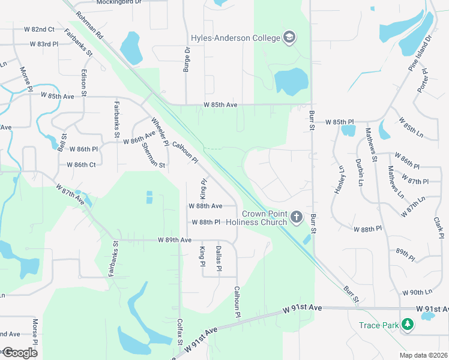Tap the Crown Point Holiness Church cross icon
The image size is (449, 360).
(296, 217)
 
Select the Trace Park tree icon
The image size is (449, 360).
(408, 325)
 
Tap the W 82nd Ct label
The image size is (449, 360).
(39, 29)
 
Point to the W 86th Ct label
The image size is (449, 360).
(81, 164)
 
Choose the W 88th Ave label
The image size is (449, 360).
(205, 205)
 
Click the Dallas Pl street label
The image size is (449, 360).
(218, 259)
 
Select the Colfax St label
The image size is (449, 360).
(179, 331)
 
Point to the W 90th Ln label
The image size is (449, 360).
(417, 292)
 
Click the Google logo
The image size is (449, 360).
(20, 353)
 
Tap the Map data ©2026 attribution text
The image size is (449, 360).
(423, 355)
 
